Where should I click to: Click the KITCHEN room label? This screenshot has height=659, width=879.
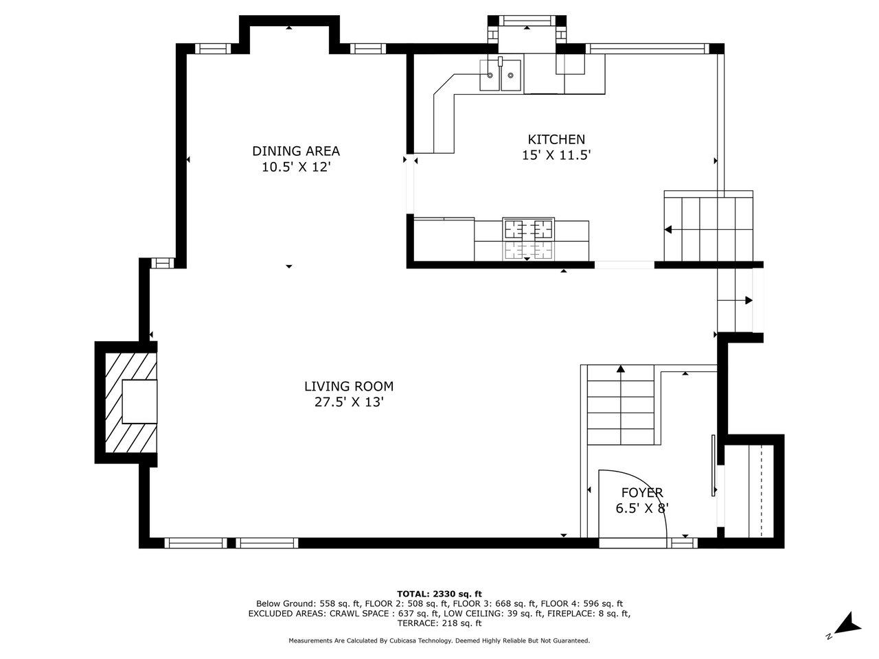[556, 139]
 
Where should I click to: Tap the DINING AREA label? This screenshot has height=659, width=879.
[296, 151]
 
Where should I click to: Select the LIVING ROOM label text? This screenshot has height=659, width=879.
[349, 386]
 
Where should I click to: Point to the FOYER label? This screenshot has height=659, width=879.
[642, 492]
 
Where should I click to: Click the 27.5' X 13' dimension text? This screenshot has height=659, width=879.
[349, 402]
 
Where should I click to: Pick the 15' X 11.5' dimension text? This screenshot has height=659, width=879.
[556, 155]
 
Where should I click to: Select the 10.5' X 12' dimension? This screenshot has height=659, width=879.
[296, 167]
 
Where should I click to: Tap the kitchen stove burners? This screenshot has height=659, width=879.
[528, 240]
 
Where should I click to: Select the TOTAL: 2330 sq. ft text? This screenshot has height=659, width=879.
[439, 594]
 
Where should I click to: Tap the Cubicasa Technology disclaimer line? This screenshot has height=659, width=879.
[439, 640]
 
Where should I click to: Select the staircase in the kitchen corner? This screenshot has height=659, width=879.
[709, 226]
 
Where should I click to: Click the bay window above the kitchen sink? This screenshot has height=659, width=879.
[527, 20]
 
